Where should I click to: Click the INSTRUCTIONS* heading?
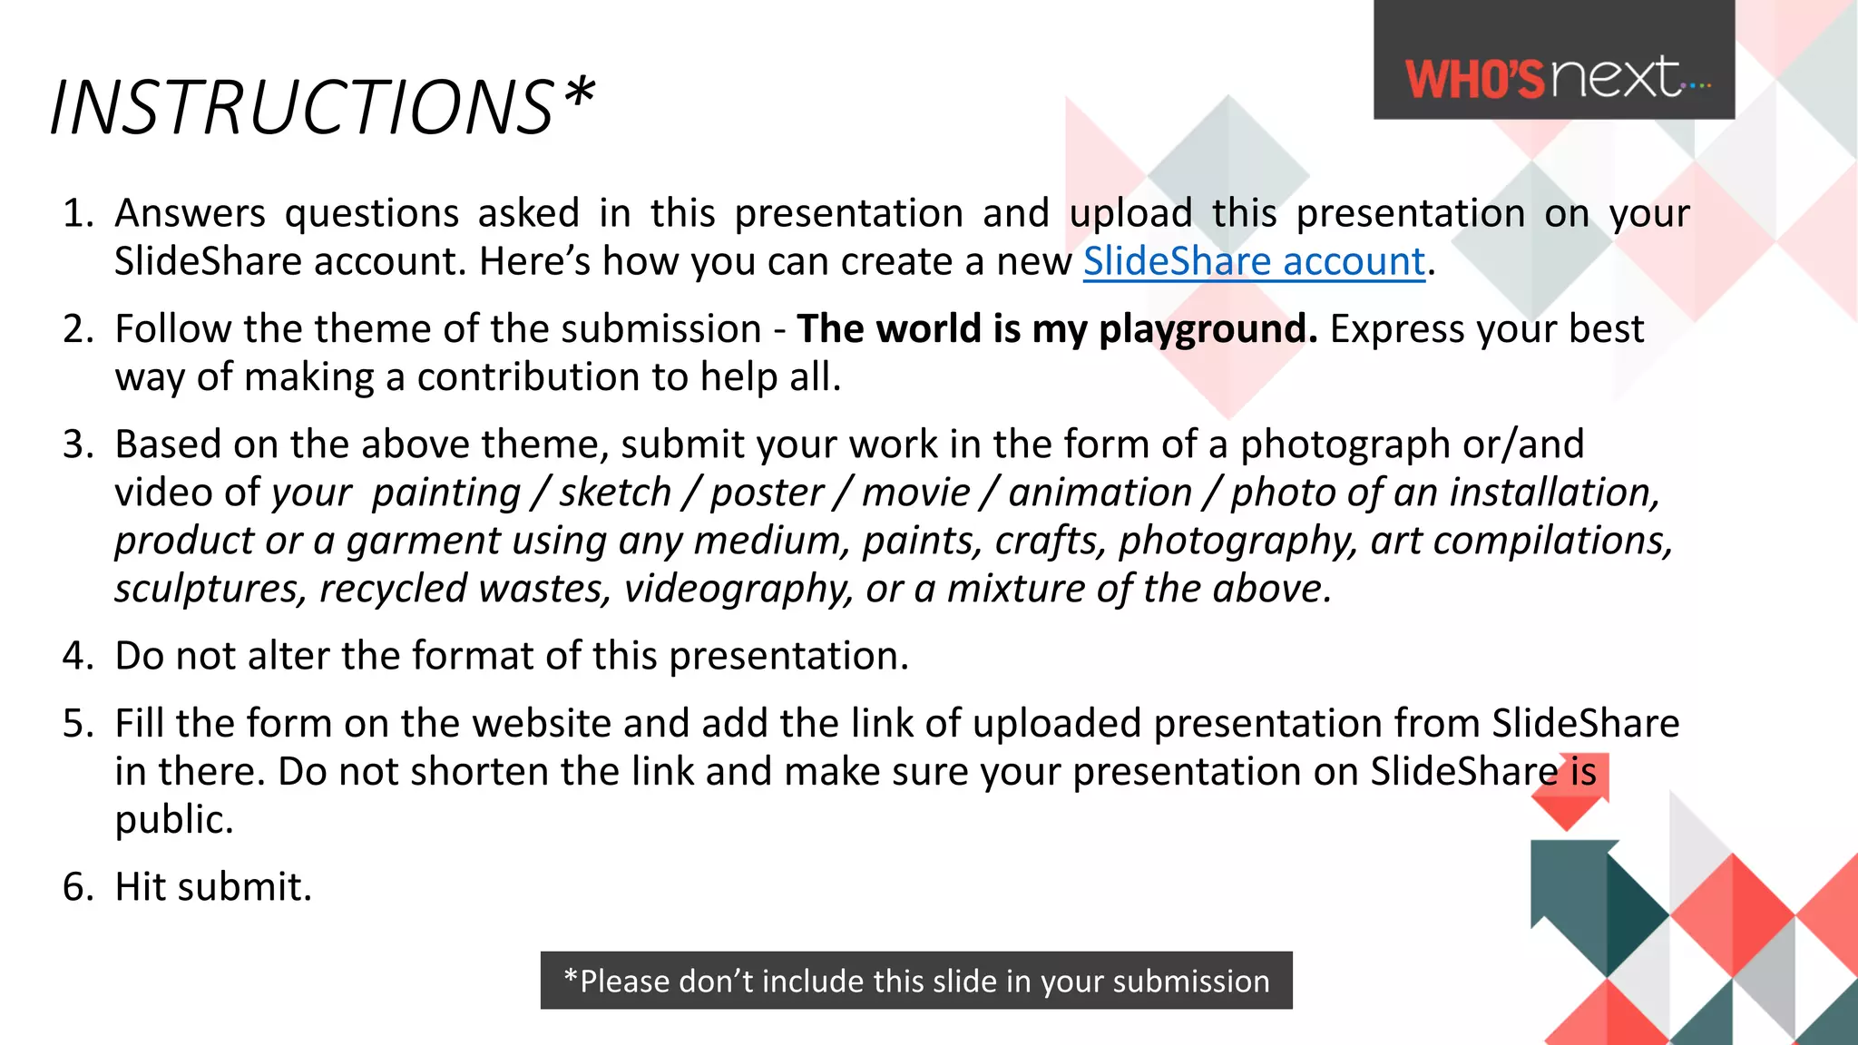(x=322, y=107)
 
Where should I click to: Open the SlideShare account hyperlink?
(x=1254, y=261)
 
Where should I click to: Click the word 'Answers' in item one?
(x=190, y=214)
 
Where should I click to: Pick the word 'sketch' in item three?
(x=614, y=493)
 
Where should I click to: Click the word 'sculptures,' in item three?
(x=210, y=589)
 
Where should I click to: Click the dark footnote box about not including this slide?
(x=916, y=981)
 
